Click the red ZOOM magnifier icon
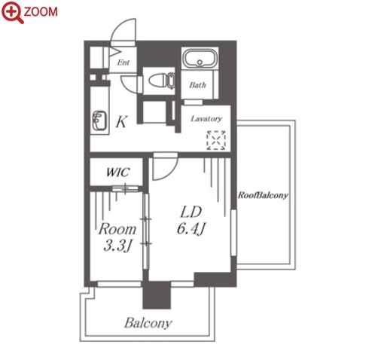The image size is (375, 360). [13, 13]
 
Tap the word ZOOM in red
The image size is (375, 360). [41, 12]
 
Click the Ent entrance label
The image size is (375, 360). [123, 63]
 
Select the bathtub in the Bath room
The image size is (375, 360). [200, 58]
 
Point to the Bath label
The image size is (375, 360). [197, 85]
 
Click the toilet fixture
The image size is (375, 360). [162, 81]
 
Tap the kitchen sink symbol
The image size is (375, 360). [99, 121]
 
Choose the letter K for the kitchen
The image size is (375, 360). [122, 122]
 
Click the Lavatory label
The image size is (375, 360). [206, 118]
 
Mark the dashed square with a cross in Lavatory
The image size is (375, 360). [216, 140]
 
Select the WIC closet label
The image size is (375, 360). [117, 172]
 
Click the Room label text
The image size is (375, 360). [117, 229]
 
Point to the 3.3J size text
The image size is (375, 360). [117, 246]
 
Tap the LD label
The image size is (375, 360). [191, 212]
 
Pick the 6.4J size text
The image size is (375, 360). [191, 229]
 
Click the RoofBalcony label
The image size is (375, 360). [263, 195]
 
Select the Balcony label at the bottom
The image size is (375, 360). [148, 323]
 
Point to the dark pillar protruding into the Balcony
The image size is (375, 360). [157, 295]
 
